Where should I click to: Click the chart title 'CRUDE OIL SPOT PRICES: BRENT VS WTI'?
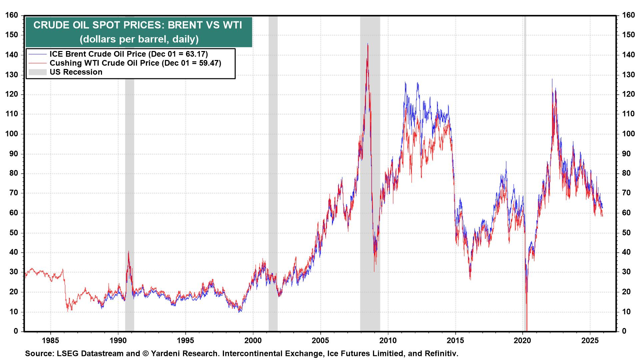(x=138, y=25)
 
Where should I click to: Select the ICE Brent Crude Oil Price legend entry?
(x=128, y=54)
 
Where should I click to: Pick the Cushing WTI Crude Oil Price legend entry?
(x=135, y=63)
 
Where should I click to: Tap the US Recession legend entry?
(x=76, y=72)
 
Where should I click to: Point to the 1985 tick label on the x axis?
(x=50, y=341)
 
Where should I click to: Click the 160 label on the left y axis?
(x=12, y=15)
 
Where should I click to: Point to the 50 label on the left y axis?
(x=14, y=233)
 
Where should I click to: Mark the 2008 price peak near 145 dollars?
(x=367, y=44)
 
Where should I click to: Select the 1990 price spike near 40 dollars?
(x=128, y=252)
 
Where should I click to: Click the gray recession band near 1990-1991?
(x=129, y=167)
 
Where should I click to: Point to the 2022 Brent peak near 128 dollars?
(x=552, y=79)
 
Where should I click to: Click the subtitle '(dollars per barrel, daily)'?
(x=139, y=39)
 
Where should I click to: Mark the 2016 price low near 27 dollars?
(x=470, y=279)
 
